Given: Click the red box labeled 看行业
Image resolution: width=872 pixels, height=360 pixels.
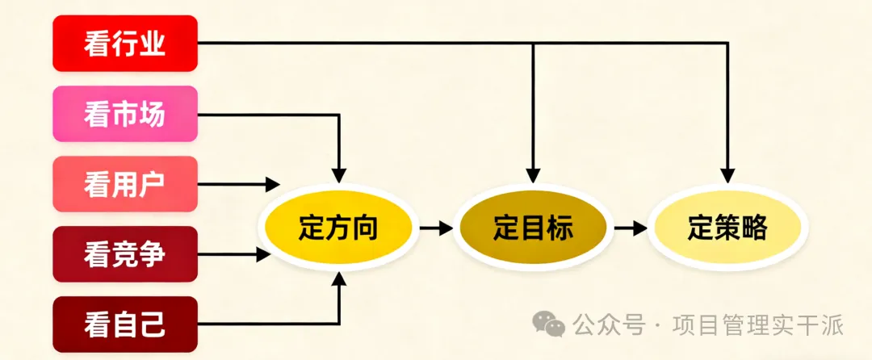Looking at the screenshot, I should [125, 43].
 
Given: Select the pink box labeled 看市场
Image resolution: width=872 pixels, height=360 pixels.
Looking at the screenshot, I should [125, 114].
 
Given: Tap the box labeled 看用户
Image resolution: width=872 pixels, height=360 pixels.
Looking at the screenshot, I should [125, 185].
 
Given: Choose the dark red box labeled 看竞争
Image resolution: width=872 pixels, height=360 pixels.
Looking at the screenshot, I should [125, 254].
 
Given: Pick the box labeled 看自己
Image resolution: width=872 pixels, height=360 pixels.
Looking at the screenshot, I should [125, 324].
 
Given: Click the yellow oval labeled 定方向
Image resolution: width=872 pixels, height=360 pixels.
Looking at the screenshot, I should [338, 228].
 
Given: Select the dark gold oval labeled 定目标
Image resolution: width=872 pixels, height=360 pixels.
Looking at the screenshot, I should [533, 228].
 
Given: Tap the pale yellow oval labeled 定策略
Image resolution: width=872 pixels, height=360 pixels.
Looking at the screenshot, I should [727, 228].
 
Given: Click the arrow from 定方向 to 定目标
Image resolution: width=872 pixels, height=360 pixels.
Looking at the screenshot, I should [436, 228].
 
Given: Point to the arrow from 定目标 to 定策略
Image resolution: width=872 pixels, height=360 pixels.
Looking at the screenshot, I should [631, 228].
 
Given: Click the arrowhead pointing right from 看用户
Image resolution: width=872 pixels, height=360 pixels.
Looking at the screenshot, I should [273, 185].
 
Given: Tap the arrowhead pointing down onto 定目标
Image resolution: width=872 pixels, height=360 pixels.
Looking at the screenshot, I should [533, 174].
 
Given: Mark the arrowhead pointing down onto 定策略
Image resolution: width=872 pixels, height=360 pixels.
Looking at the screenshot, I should [727, 174].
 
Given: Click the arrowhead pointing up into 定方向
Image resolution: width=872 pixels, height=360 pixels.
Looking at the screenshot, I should [339, 278].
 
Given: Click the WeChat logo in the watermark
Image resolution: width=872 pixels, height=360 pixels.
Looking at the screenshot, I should [554, 324].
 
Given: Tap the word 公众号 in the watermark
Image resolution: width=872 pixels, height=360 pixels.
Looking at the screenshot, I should [610, 325].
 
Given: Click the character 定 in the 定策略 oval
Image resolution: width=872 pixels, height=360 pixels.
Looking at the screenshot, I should [699, 228].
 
